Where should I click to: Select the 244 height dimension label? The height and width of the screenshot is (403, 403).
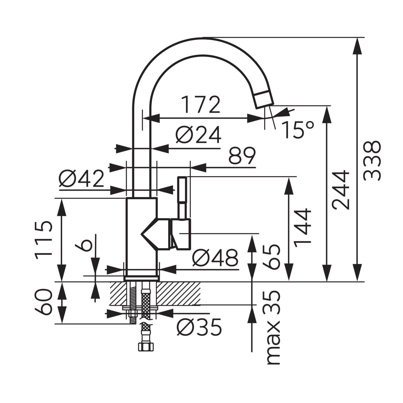click(341, 190)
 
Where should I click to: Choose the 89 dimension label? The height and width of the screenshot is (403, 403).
click(242, 156)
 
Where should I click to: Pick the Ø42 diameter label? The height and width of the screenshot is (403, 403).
click(81, 179)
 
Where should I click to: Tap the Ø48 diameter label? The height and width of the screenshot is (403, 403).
click(215, 258)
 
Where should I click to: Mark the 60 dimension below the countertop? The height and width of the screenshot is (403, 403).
click(43, 301)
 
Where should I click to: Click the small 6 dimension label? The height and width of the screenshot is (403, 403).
click(84, 244)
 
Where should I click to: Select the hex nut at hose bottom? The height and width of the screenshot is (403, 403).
click(146, 347)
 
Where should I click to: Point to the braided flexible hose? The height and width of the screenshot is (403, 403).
click(145, 304)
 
